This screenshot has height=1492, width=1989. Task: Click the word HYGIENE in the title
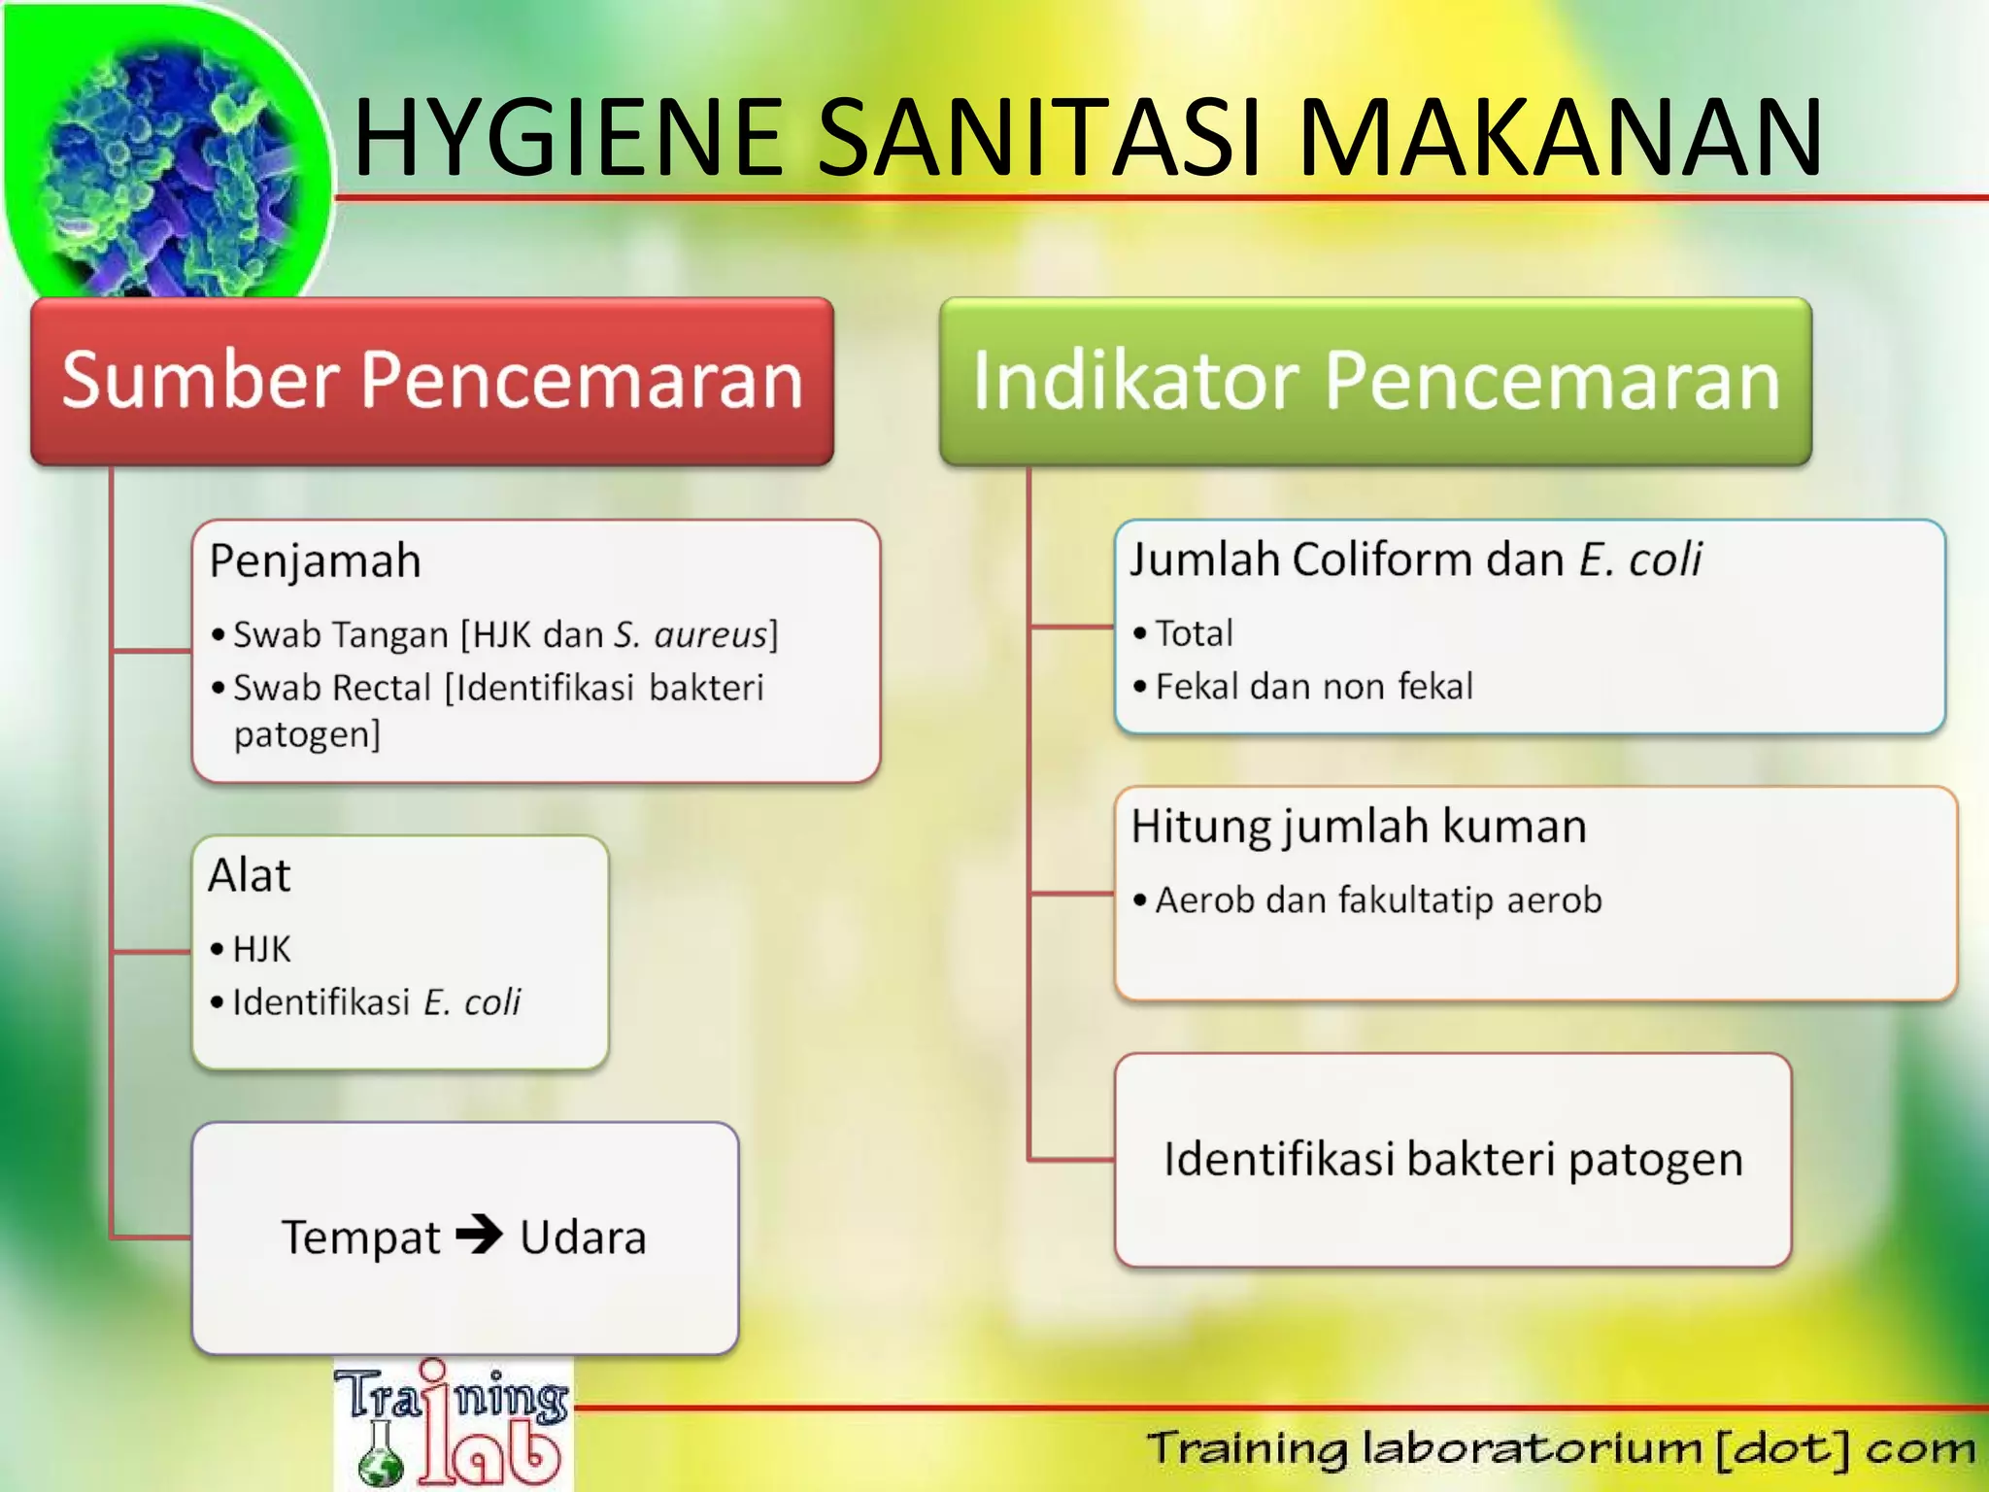(x=568, y=138)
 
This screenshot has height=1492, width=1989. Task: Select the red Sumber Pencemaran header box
(x=432, y=381)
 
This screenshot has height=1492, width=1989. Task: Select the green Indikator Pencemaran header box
(x=1375, y=381)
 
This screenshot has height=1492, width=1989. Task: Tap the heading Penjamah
(x=315, y=561)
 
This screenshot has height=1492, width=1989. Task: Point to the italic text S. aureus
(x=691, y=635)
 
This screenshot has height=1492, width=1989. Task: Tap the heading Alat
(x=250, y=875)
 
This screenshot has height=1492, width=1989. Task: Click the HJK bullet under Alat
(x=261, y=949)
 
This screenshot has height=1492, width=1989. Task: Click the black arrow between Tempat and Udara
(x=480, y=1236)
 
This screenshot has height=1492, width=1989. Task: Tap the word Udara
(x=583, y=1238)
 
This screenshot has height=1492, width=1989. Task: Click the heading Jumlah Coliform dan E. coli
(x=1415, y=560)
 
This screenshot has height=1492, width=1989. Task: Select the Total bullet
(x=1194, y=634)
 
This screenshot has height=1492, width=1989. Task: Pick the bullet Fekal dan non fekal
(x=1313, y=687)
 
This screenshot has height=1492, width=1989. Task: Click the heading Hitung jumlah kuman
(x=1359, y=828)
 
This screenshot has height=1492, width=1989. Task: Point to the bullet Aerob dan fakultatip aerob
(x=1377, y=900)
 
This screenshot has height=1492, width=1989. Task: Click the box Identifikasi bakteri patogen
(x=1453, y=1160)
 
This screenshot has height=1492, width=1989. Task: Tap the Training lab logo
(x=453, y=1424)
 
